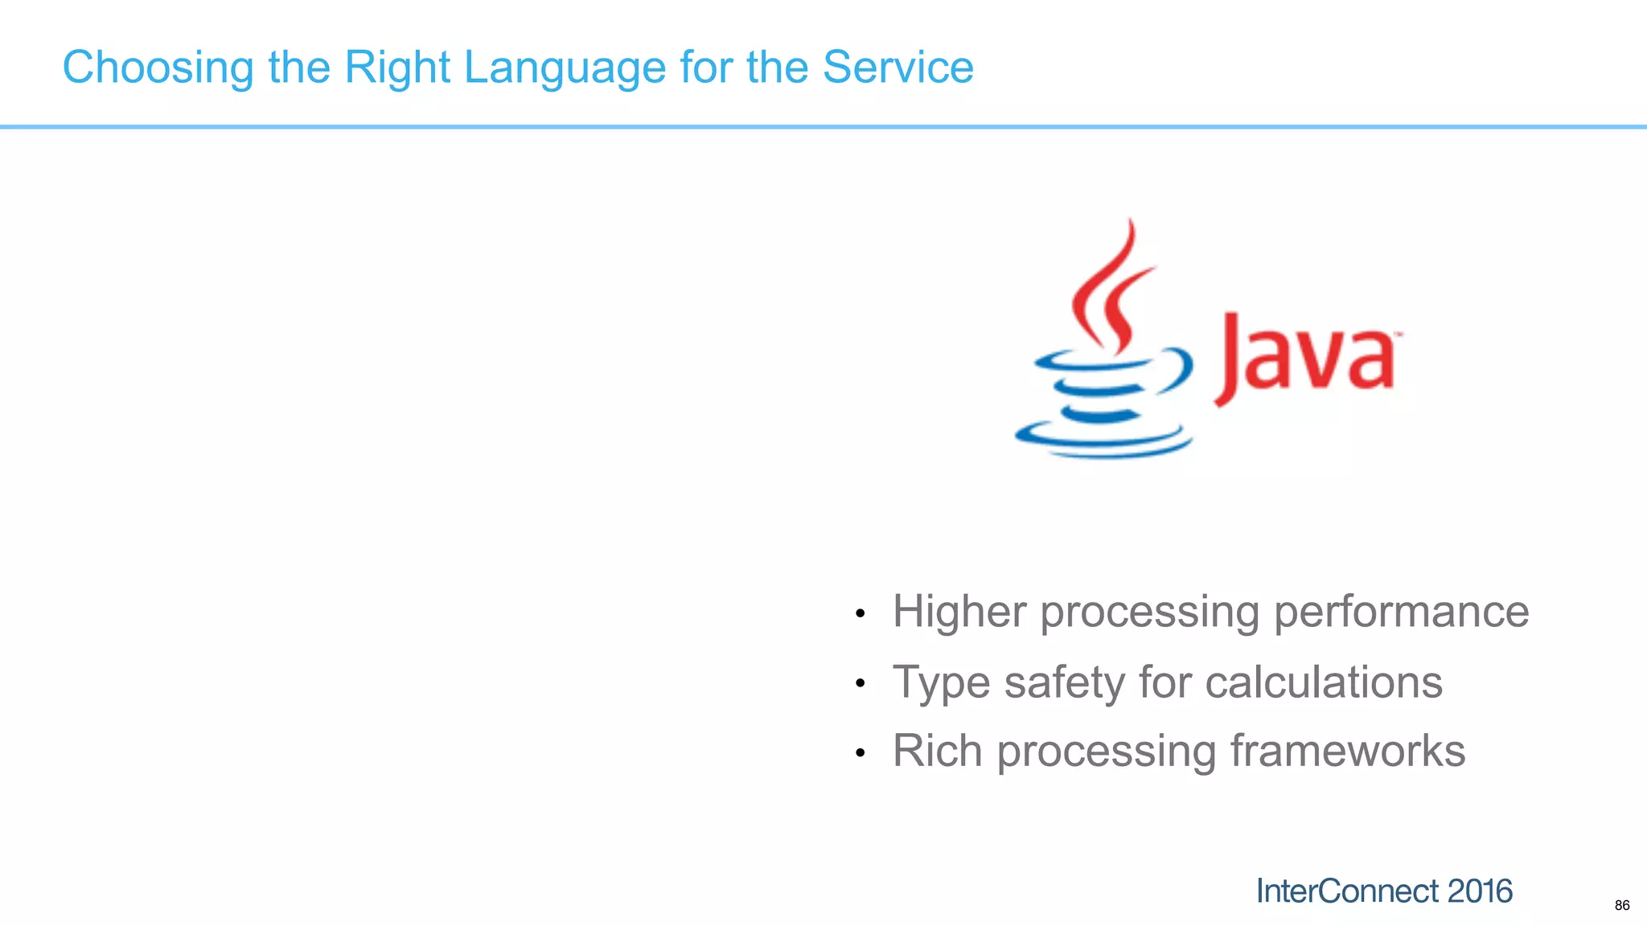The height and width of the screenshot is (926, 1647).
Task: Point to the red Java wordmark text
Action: click(1308, 358)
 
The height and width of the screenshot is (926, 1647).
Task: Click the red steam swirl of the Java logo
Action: click(1114, 289)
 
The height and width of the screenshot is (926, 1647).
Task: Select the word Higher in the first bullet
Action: click(959, 612)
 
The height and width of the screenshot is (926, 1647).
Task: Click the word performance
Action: click(1401, 612)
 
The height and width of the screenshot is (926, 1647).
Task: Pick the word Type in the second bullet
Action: click(941, 682)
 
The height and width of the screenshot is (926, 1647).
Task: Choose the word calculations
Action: click(1324, 682)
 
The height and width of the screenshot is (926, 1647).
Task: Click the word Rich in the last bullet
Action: click(937, 752)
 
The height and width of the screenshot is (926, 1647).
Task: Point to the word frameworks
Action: click(1348, 752)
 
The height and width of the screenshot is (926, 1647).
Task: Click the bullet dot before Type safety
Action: click(860, 684)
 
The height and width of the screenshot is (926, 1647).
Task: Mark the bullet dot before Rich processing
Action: click(860, 754)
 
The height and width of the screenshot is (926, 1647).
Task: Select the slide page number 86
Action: click(1622, 906)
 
